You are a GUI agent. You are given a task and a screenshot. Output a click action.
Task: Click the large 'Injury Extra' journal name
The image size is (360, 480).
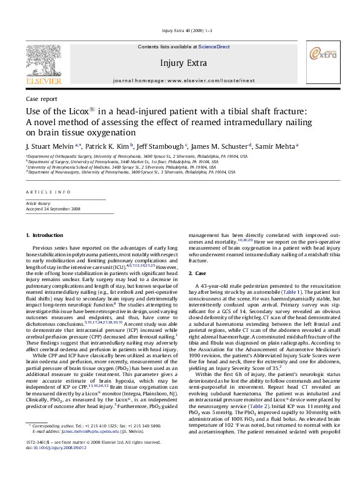180,62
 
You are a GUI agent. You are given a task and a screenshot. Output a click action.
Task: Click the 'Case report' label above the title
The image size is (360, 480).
37,98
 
